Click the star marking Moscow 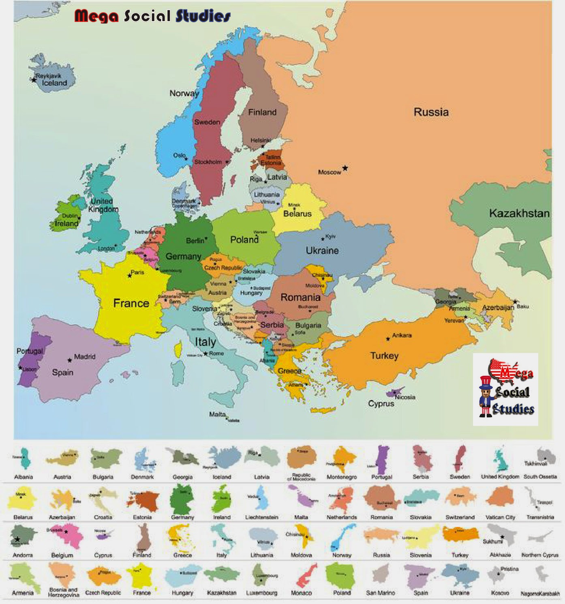(345, 168)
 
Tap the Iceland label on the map (54, 83)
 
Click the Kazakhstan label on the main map (519, 213)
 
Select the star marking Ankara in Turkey (388, 338)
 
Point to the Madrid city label (85, 357)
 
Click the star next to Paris (130, 276)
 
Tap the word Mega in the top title (96, 16)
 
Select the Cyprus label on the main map (381, 404)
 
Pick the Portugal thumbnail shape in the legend (382, 460)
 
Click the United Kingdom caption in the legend (500, 477)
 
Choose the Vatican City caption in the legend (500, 517)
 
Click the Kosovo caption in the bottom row (500, 593)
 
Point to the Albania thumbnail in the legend (24, 459)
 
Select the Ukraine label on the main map (322, 251)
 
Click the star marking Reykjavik (34, 80)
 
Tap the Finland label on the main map (262, 112)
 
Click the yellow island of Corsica (178, 349)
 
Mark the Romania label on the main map (300, 297)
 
